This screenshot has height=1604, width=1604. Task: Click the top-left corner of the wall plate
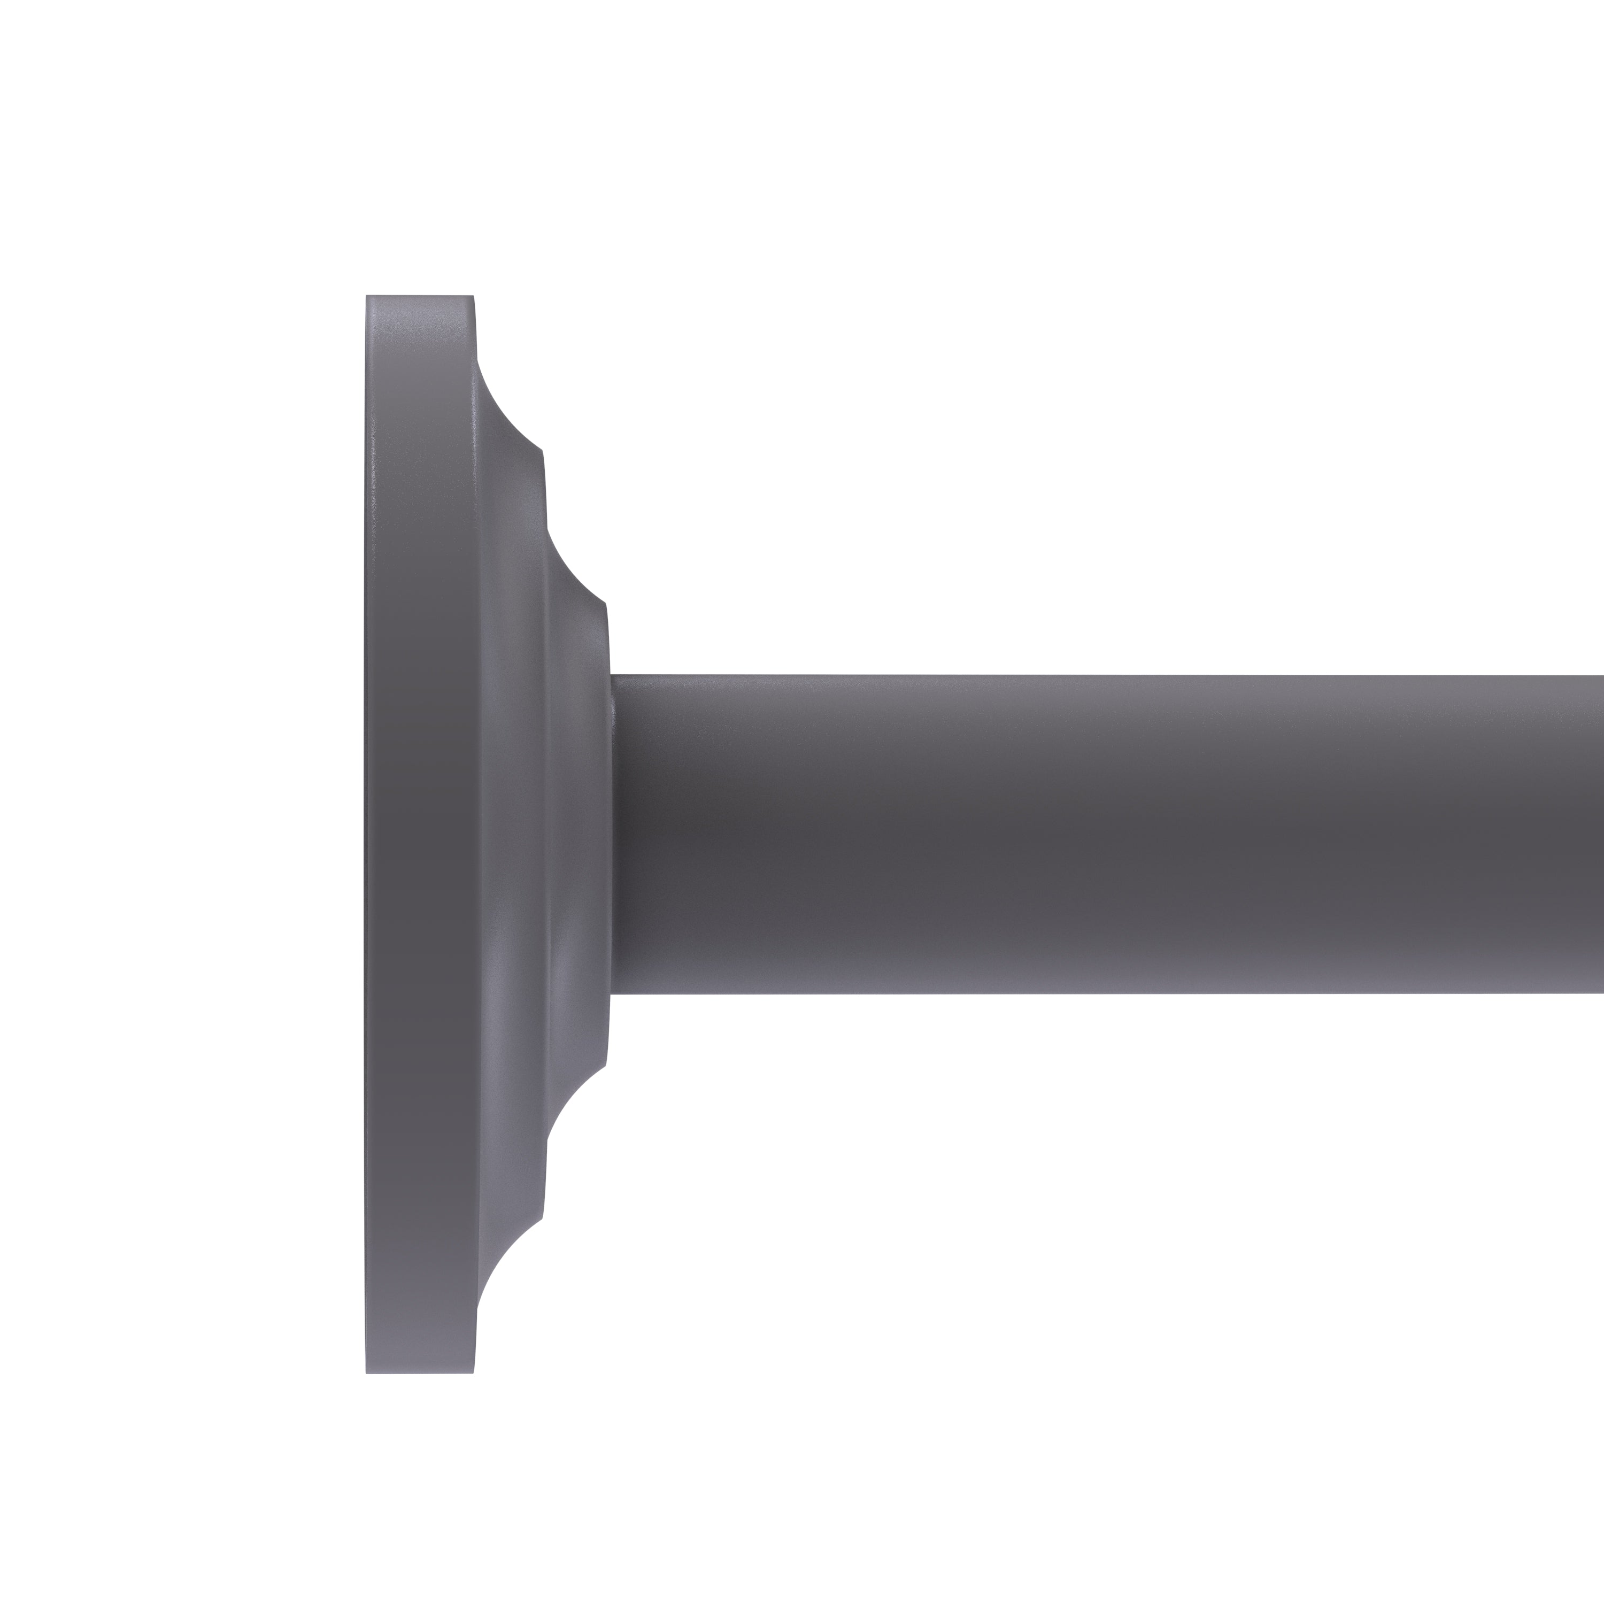click(367, 296)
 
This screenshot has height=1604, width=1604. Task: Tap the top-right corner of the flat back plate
click(473, 296)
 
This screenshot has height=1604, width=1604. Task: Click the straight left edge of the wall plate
click(366, 835)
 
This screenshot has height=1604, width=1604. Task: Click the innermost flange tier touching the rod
click(585, 835)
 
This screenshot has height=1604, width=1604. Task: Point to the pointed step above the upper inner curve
click(542, 452)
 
